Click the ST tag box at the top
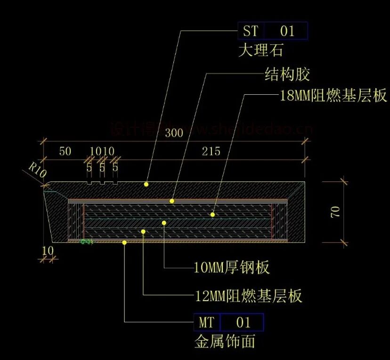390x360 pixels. coord(273,31)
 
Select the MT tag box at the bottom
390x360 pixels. coord(228,322)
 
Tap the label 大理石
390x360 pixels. coord(260,49)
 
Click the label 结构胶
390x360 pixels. coord(287,74)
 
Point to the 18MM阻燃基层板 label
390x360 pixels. coord(333,96)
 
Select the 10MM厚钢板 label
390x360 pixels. coord(232,268)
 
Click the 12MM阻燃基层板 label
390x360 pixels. coord(248,296)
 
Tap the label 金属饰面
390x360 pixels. coord(225,341)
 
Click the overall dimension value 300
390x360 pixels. coord(174,133)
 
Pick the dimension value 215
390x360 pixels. coord(211,151)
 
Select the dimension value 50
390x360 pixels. coord(65,151)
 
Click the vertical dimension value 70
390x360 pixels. coord(335,212)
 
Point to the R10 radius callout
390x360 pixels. coord(38,170)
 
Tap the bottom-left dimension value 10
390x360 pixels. coord(48,251)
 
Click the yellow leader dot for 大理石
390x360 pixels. coord(146,184)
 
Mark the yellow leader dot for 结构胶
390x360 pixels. coord(172,201)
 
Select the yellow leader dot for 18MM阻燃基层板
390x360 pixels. coord(212,214)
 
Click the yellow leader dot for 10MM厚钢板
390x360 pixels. coord(164,222)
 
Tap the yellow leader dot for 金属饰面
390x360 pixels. coord(124,242)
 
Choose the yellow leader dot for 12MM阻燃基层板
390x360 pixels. coord(144,231)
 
